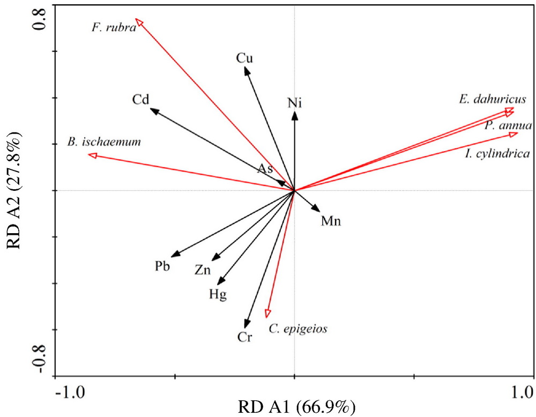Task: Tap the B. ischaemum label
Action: [105, 142]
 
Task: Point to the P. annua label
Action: [508, 126]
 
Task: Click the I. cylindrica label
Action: [497, 154]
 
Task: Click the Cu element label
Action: [244, 58]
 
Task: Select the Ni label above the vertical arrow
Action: [294, 102]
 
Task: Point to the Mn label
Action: [331, 221]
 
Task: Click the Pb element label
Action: [162, 266]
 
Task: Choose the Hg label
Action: [218, 294]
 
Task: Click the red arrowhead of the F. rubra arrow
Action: [139, 21]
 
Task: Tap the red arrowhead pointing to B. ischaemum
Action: [92, 155]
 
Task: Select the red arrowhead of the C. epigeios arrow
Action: [267, 313]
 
